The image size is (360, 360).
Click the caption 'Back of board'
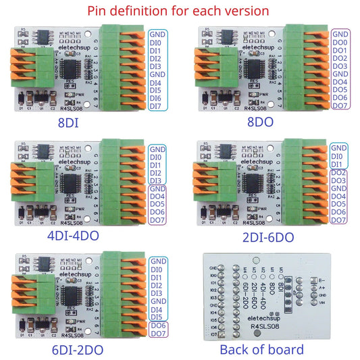click(x=261, y=349)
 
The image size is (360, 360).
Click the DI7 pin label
click(x=155, y=106)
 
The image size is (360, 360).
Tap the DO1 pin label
click(x=339, y=51)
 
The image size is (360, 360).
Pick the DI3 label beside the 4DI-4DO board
click(x=155, y=181)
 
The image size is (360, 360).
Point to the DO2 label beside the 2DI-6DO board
click(x=339, y=173)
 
